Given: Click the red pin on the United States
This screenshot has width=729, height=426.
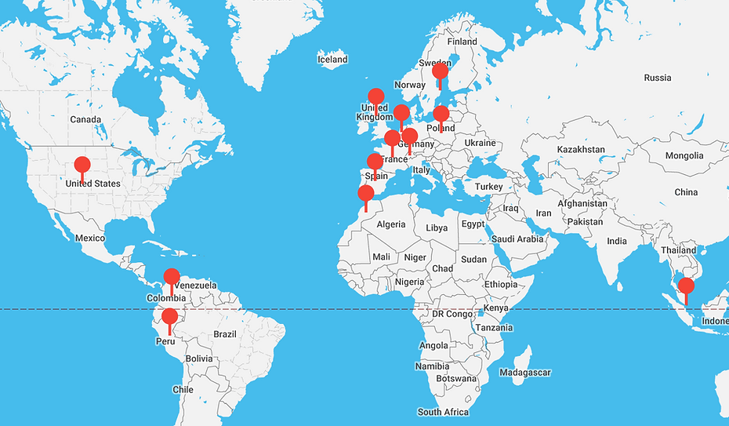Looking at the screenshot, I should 82,166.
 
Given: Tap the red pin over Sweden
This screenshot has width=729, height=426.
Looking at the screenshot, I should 441,72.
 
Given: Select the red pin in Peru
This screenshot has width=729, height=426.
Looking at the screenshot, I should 169,318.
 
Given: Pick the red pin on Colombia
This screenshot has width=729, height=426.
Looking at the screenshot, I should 172,277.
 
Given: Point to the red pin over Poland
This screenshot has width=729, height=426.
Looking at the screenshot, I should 441,115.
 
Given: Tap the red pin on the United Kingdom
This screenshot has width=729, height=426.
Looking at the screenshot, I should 376,97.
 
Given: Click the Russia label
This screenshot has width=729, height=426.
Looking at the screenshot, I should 657,78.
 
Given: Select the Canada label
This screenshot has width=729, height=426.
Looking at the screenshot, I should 85,119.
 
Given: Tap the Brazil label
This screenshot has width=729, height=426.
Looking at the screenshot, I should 225,333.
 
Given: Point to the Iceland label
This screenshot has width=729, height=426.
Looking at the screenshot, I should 332,60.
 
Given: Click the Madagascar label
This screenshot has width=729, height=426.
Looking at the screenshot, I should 524,372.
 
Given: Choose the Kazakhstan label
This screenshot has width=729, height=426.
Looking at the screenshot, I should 581,149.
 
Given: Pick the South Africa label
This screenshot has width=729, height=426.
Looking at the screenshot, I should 443,412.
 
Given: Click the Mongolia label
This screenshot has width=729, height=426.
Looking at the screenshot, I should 684,155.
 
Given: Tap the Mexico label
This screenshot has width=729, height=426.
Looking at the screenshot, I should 90,238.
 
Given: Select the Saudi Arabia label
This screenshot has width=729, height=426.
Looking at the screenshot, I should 517,238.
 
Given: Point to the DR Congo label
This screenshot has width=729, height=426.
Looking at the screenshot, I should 452,314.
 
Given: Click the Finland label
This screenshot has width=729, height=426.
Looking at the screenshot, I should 462,42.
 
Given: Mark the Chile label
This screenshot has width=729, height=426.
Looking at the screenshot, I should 183,389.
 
